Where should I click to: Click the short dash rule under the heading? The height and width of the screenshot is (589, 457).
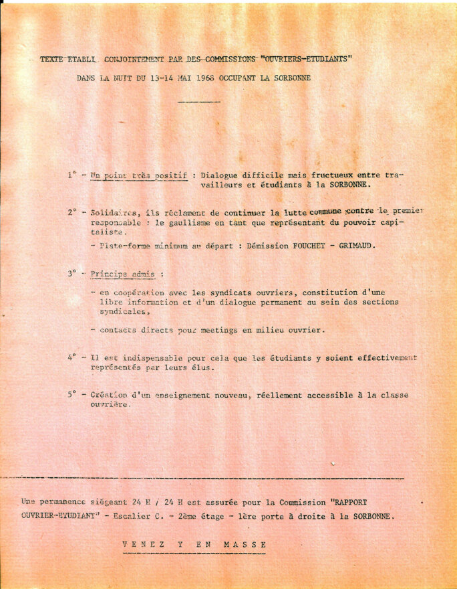point(198,102)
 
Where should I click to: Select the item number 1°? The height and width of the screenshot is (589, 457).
point(71,175)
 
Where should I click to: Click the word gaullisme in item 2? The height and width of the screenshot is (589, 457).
point(179,222)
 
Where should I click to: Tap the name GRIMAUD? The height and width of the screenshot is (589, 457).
point(357,245)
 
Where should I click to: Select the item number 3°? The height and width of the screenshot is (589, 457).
point(72,274)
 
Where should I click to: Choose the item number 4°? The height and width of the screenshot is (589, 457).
point(72,357)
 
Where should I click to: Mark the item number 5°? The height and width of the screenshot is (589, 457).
point(72,395)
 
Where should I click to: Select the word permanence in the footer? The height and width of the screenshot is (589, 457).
point(67,501)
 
